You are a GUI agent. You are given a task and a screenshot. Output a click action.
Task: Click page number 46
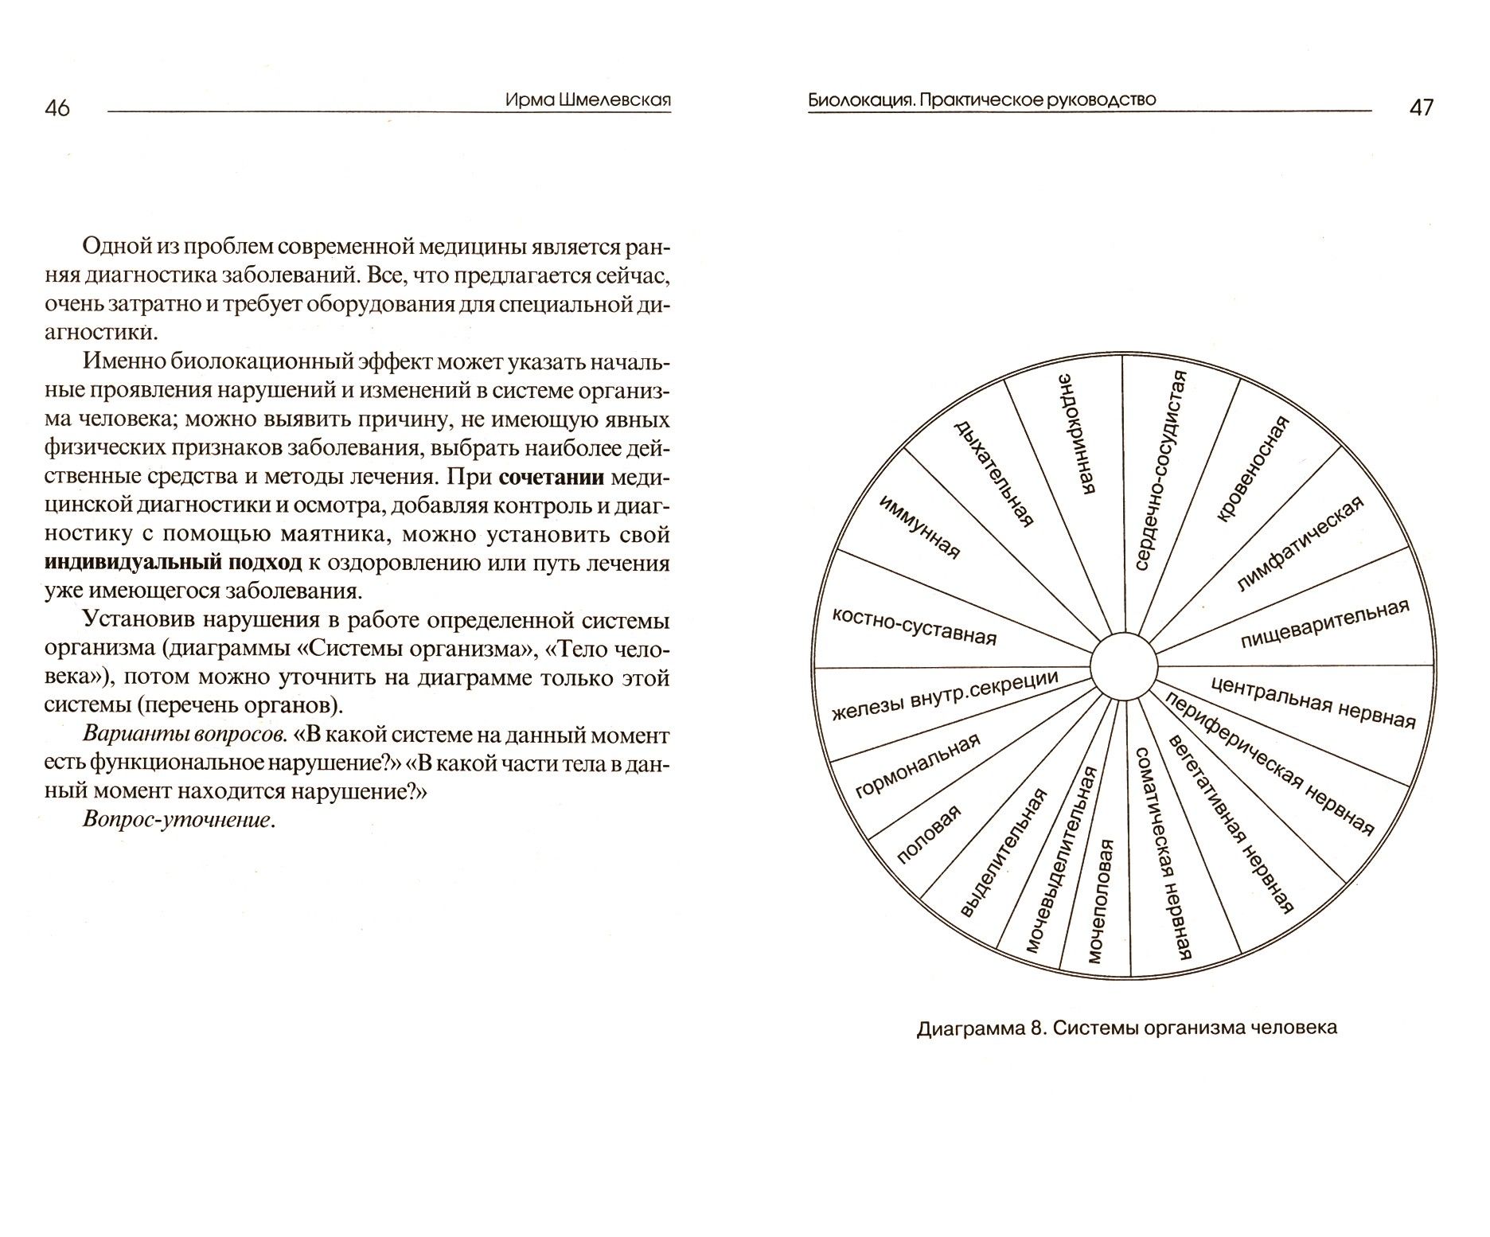tap(58, 108)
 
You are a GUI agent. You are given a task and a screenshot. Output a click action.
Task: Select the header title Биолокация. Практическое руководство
tap(981, 100)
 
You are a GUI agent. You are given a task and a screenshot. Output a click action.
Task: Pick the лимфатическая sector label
tap(1300, 544)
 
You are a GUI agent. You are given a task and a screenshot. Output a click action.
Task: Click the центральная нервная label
tap(1313, 702)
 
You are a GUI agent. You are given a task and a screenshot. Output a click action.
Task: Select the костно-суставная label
tap(914, 626)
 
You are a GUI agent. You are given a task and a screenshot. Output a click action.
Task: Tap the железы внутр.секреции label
tap(945, 695)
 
